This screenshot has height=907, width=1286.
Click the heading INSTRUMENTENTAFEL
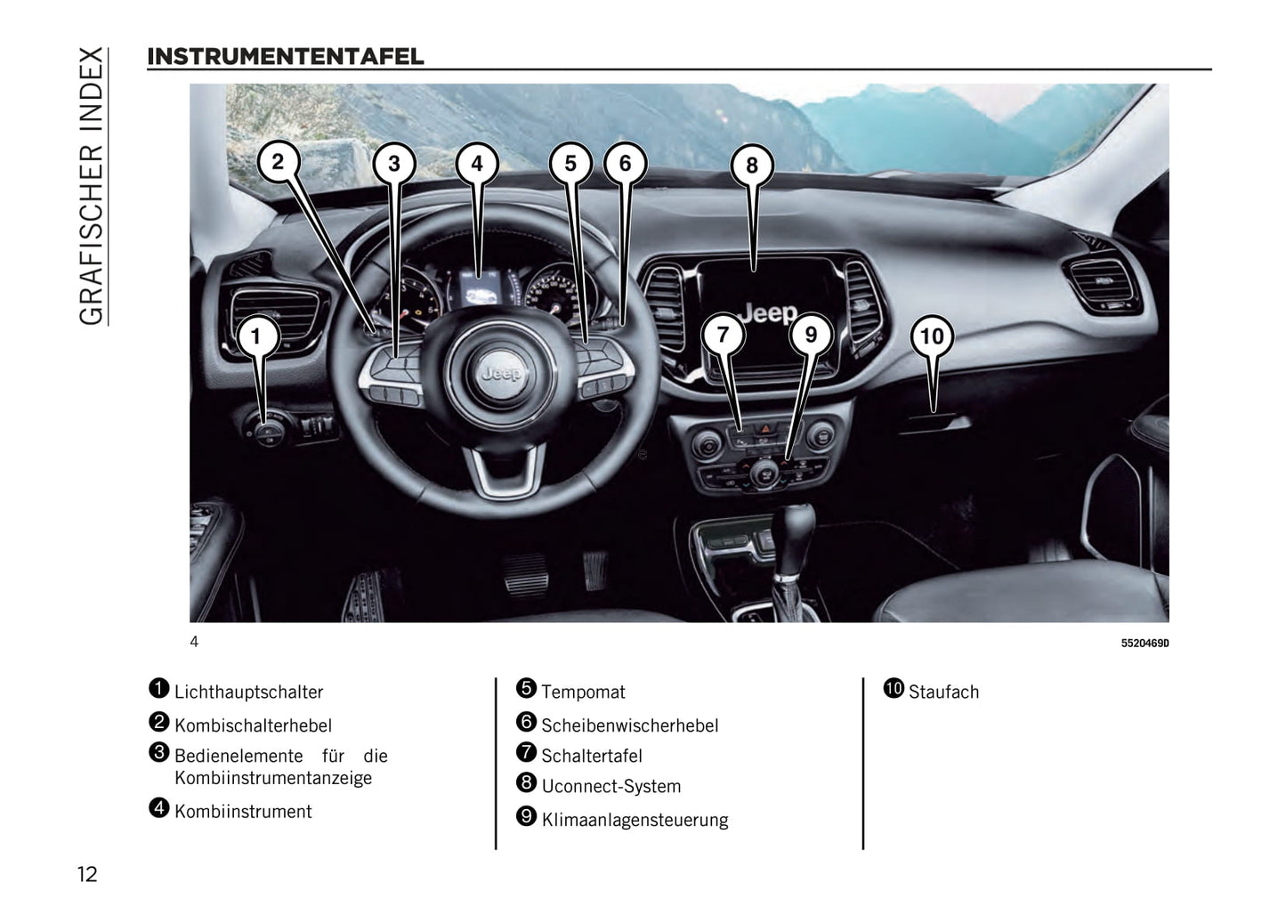point(286,57)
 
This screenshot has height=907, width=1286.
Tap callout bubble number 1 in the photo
point(256,336)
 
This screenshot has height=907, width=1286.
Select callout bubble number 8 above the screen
point(752,166)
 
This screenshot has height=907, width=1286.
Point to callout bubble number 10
point(933,336)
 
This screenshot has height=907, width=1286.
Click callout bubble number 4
point(477,164)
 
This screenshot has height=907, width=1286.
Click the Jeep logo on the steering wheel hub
point(502,374)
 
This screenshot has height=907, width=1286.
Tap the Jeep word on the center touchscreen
point(768,313)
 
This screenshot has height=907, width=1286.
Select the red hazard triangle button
point(765,428)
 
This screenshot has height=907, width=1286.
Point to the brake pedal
point(526,575)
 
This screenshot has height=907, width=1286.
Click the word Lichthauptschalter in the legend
point(248,692)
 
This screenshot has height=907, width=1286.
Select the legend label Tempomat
point(583,692)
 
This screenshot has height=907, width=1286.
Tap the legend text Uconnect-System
point(611,787)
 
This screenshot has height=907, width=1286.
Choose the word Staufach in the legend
point(944,692)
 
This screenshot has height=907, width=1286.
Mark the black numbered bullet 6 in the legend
point(526,722)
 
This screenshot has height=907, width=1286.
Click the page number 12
point(87,874)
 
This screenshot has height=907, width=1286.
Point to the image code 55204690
point(1144,644)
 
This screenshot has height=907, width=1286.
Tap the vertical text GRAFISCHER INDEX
point(92,186)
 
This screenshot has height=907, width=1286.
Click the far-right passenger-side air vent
point(1102,285)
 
